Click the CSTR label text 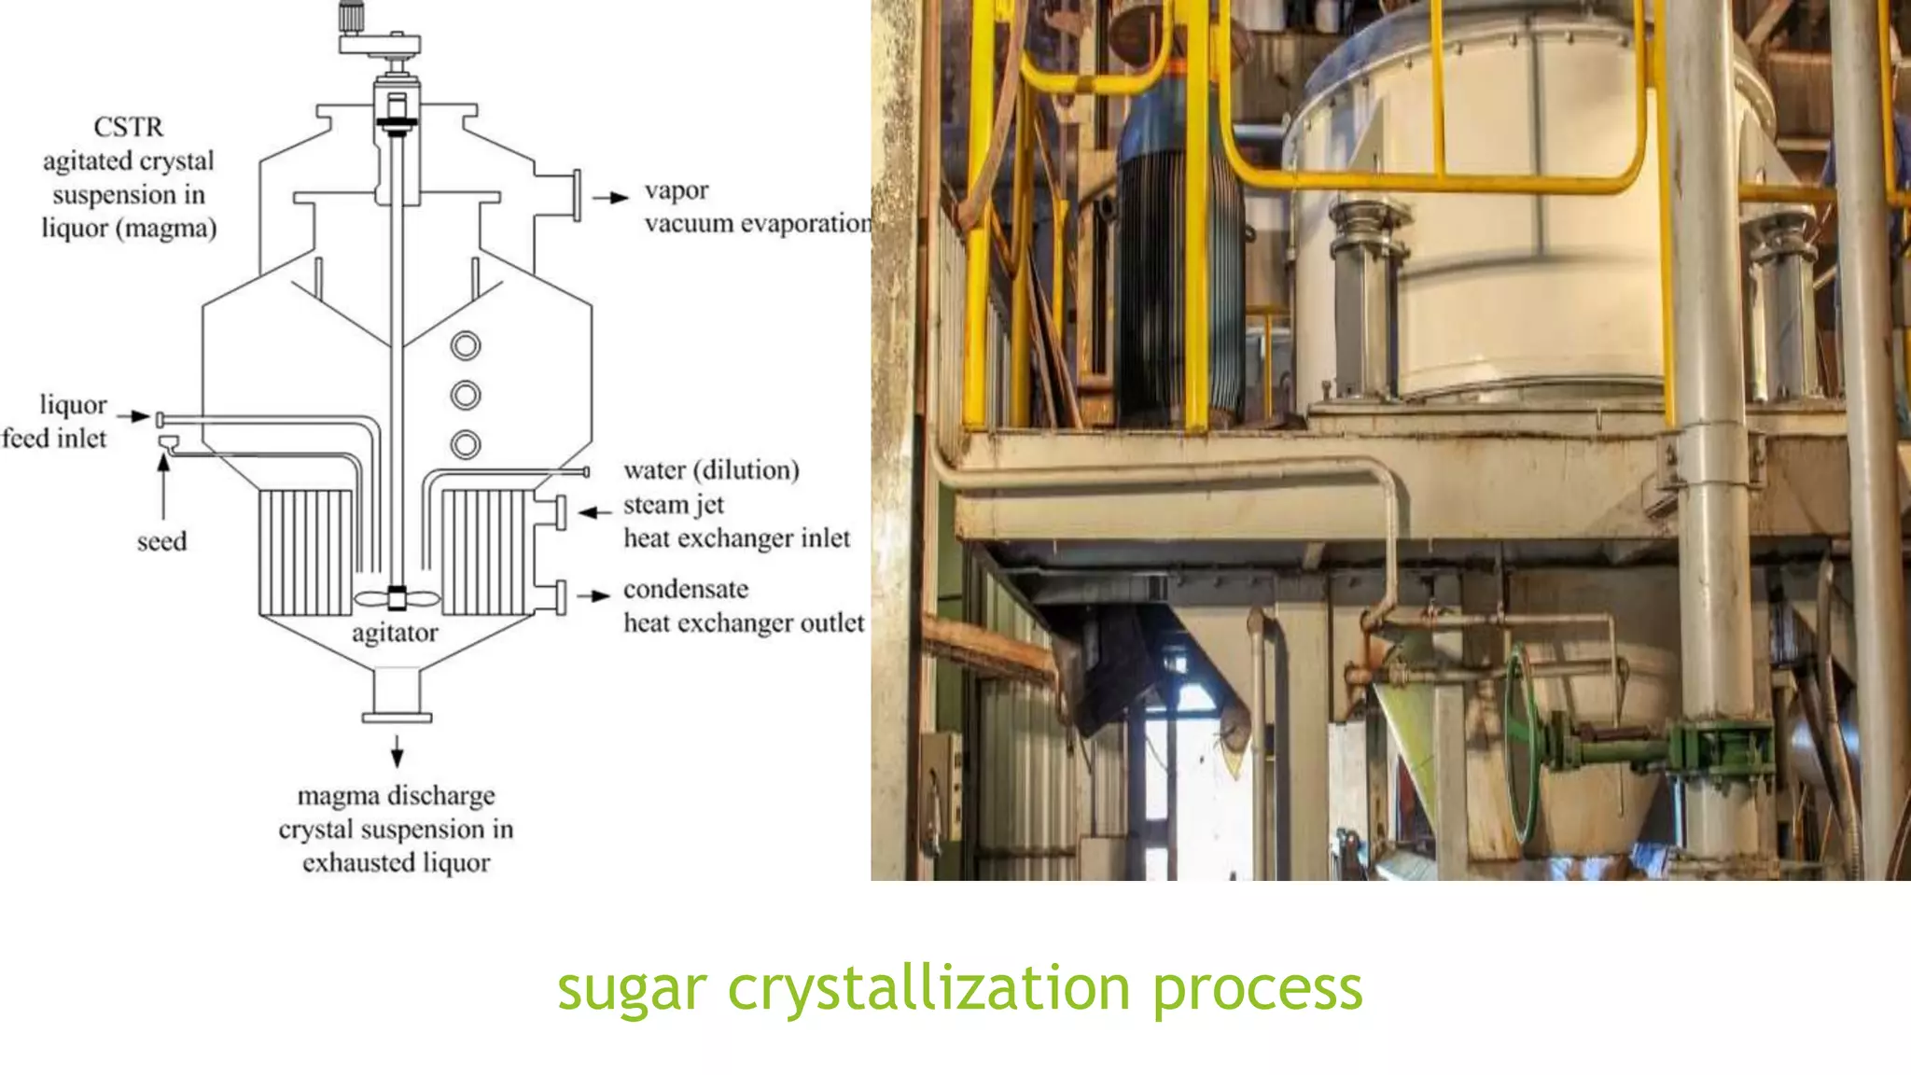129,127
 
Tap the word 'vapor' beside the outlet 677,190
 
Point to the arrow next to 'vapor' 611,198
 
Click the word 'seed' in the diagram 161,541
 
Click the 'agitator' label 395,633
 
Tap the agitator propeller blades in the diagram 397,598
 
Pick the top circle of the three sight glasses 466,346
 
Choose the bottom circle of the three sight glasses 466,444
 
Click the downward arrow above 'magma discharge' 397,750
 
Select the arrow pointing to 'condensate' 594,595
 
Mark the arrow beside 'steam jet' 593,512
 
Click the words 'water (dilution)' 711,469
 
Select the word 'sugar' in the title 632,989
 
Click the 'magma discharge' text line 396,796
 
